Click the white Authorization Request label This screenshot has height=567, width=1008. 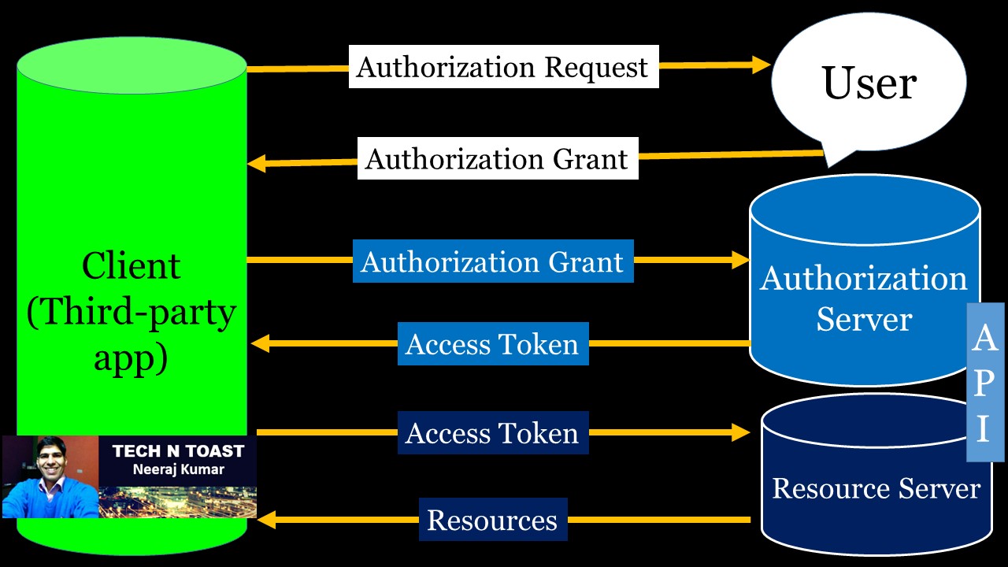tap(503, 67)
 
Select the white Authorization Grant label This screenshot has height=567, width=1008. tap(497, 159)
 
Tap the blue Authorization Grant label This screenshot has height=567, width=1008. tap(492, 261)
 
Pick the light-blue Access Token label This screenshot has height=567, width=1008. tap(492, 344)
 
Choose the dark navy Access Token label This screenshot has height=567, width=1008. tap(492, 433)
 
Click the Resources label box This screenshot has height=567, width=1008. tap(492, 520)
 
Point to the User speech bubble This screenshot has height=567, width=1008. tap(869, 83)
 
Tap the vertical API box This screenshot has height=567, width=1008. tap(984, 382)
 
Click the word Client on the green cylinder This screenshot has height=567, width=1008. tap(132, 266)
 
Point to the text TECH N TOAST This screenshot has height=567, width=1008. tap(178, 451)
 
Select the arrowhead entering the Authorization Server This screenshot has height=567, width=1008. tap(741, 260)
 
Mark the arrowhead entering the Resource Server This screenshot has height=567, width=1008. tap(741, 432)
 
